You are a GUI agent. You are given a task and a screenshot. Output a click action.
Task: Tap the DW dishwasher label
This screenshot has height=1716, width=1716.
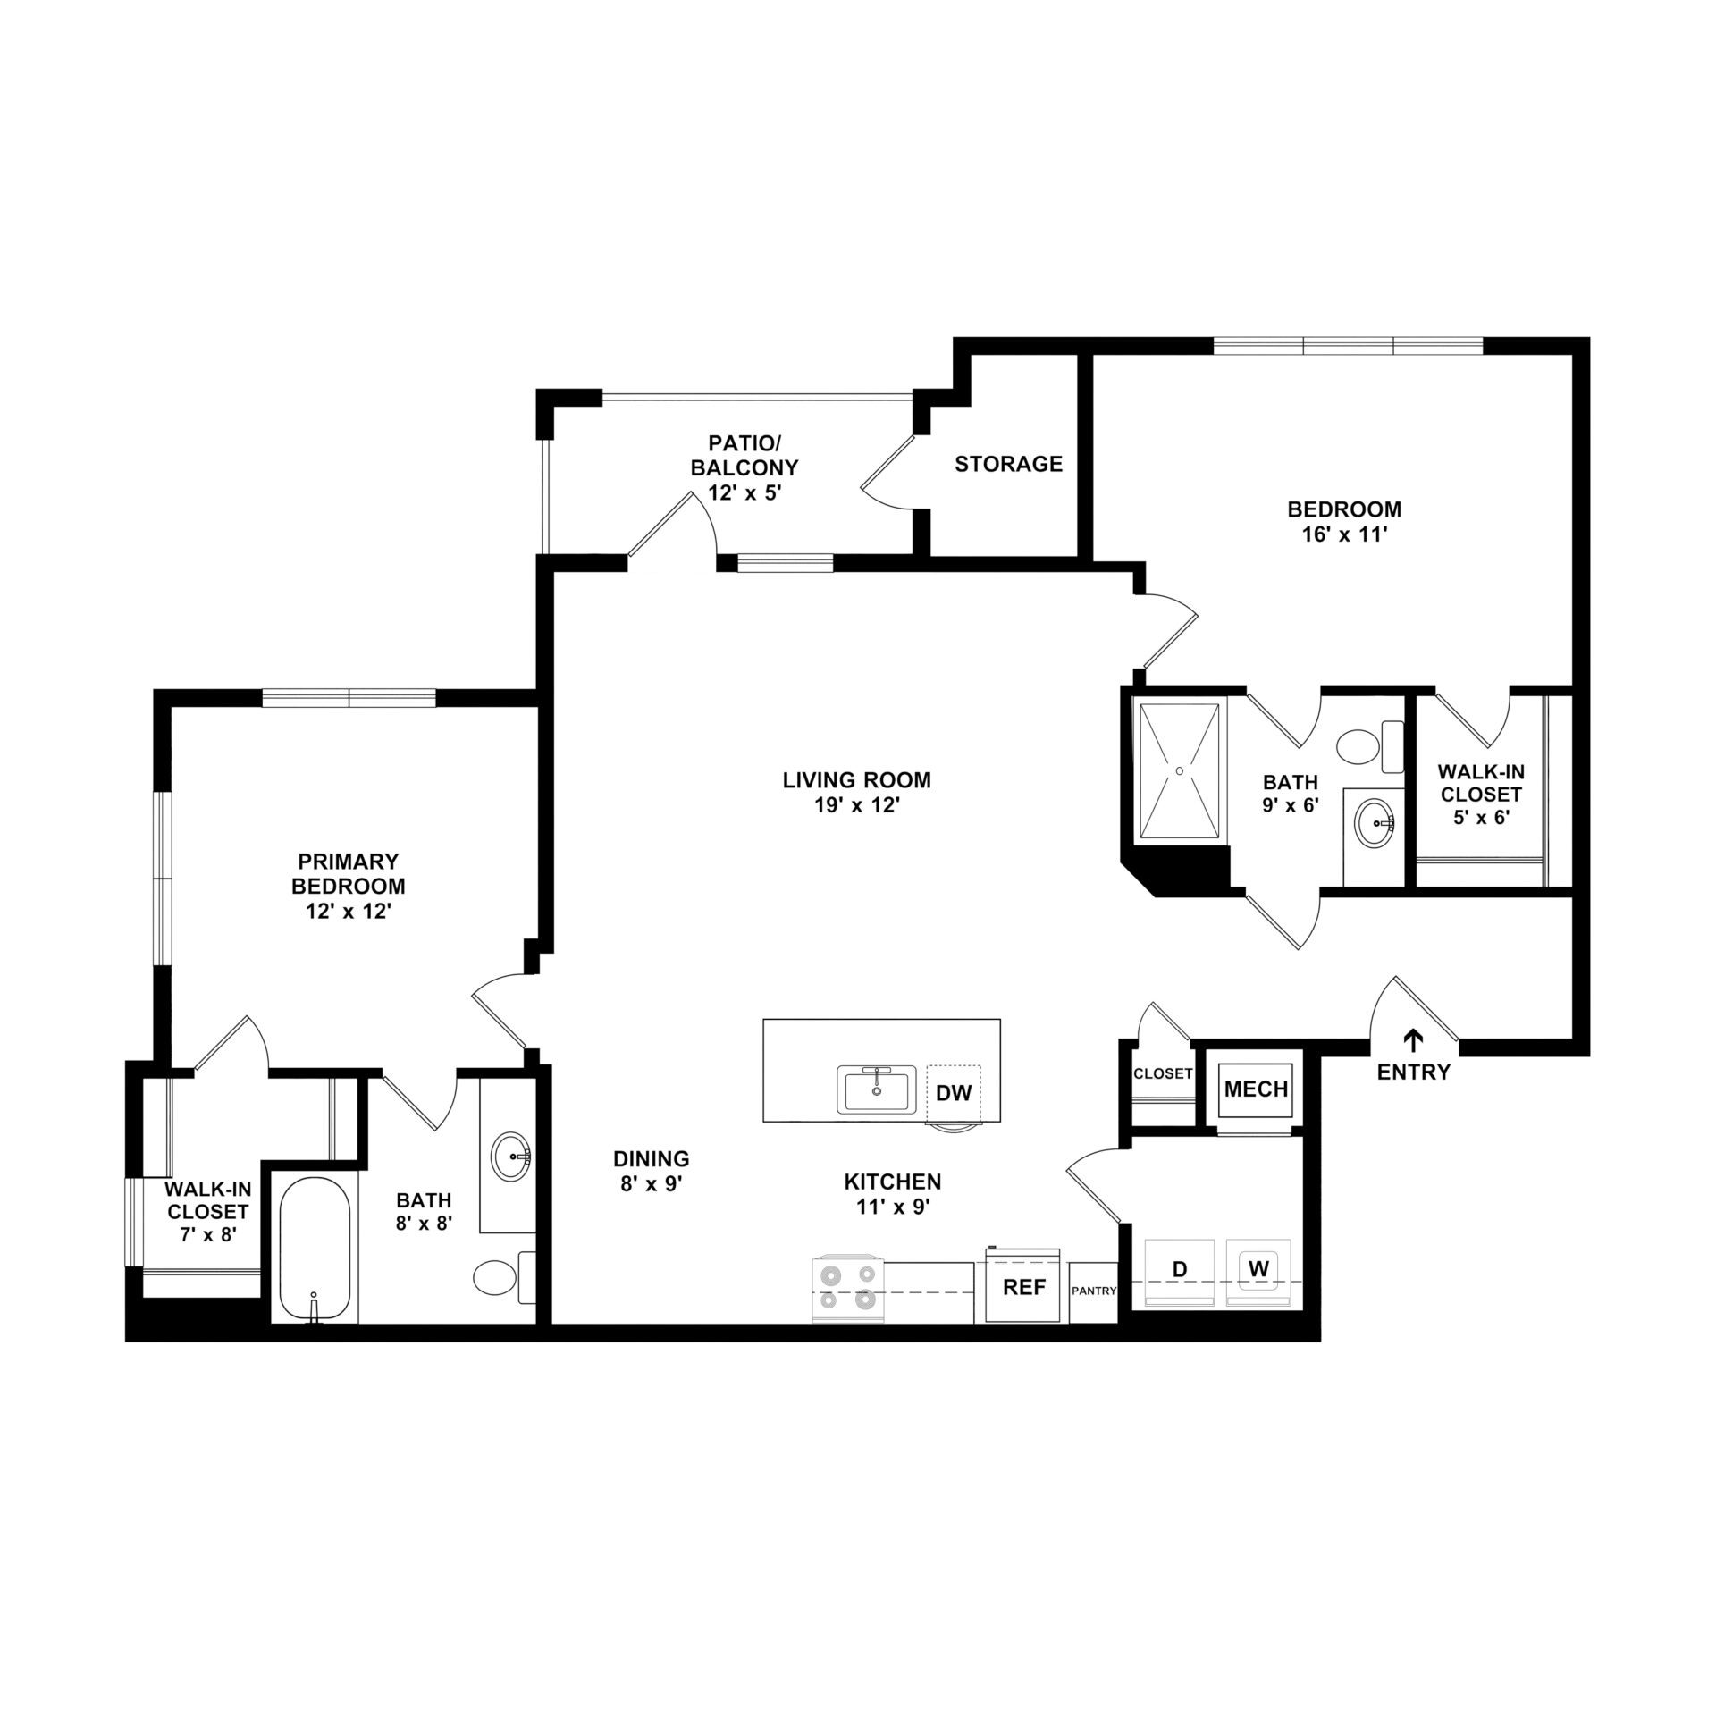954,1092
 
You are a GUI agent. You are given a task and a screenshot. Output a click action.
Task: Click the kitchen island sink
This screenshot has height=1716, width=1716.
877,1089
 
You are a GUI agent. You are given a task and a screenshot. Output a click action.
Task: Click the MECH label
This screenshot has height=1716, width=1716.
1256,1089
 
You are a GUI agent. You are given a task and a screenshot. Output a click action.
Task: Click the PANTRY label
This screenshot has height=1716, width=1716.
1094,1291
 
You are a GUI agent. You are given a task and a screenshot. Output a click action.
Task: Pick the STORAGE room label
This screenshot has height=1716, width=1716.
1008,464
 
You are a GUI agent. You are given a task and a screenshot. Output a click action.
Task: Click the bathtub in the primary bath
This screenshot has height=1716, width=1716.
313,1249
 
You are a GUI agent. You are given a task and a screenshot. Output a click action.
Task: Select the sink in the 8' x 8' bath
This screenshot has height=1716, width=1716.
512,1157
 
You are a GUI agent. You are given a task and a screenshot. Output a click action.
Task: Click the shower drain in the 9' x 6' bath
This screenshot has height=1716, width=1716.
1180,770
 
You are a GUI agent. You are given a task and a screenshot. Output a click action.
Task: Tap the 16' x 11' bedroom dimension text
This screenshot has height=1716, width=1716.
1345,535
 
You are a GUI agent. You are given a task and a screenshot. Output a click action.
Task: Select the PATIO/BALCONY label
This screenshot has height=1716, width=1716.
753,455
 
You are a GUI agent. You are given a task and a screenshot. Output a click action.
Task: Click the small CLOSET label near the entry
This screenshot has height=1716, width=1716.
1163,1073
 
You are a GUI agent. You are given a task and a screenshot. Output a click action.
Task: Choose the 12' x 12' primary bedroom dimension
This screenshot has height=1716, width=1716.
348,912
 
